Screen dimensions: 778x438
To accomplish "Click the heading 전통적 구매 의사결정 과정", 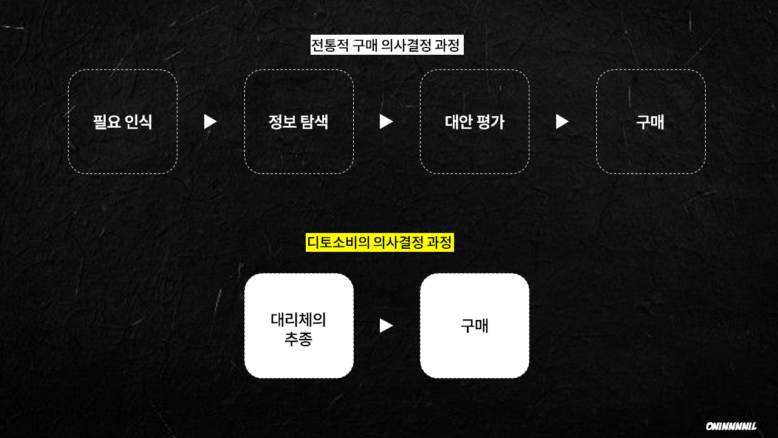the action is tap(387, 46).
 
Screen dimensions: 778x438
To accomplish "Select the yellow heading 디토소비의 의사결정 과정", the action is tap(380, 243).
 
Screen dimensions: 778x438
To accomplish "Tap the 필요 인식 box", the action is tap(123, 122).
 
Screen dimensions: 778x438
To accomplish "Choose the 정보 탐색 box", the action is tap(298, 122).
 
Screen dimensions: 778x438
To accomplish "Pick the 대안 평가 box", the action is tap(474, 122).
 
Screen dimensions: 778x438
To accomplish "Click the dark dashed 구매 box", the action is tap(650, 122).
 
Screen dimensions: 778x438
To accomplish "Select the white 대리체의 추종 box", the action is tap(298, 325).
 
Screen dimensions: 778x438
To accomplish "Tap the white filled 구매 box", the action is tap(474, 325).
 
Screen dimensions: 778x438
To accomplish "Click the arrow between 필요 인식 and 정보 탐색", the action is tap(210, 122).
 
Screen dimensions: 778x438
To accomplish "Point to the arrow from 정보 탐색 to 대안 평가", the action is tap(386, 122).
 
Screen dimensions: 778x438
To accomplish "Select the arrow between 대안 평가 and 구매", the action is tap(562, 122).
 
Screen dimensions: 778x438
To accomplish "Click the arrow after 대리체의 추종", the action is tap(386, 325).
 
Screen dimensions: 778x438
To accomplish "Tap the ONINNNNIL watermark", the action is tap(731, 426).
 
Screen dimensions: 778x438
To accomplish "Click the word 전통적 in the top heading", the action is tap(330, 46).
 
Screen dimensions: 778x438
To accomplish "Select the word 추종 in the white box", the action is tap(298, 339).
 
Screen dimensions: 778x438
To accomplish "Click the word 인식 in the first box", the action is tap(139, 122).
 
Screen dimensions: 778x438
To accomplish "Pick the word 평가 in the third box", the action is tap(491, 122).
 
